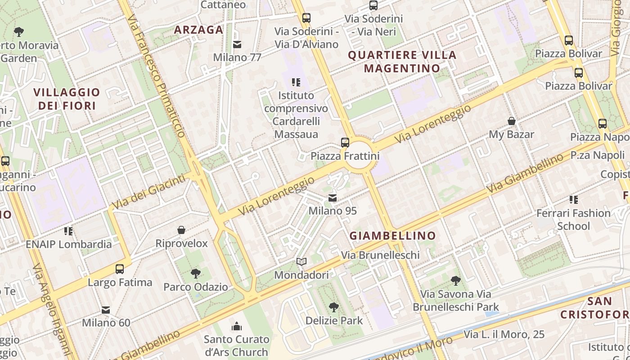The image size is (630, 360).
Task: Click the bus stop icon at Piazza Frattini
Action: pyautogui.click(x=345, y=143)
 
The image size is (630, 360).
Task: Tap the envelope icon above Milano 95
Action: pyautogui.click(x=333, y=198)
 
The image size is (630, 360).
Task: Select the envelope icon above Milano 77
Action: pyautogui.click(x=237, y=45)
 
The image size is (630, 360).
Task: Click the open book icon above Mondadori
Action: pyautogui.click(x=301, y=261)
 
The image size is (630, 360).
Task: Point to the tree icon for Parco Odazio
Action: pyautogui.click(x=196, y=273)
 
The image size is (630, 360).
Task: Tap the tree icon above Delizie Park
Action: pyautogui.click(x=333, y=307)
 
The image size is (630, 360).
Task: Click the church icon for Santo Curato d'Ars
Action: pyautogui.click(x=237, y=326)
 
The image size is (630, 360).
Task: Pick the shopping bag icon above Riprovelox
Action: pyautogui.click(x=181, y=230)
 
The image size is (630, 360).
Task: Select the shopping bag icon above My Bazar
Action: pyautogui.click(x=512, y=121)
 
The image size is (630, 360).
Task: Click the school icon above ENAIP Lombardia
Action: pyautogui.click(x=68, y=231)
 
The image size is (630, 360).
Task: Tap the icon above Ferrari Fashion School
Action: pyautogui.click(x=573, y=199)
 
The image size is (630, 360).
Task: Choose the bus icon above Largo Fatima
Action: pyautogui.click(x=120, y=269)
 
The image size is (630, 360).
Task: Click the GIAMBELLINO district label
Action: pyautogui.click(x=393, y=235)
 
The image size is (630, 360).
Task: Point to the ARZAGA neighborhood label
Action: pyautogui.click(x=198, y=30)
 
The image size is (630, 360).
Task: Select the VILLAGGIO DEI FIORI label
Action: pyautogui.click(x=67, y=99)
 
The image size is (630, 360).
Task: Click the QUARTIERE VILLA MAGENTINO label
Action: pyautogui.click(x=402, y=62)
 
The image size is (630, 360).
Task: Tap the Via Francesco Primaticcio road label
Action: pyautogui.click(x=156, y=76)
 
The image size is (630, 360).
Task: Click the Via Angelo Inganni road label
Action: pyautogui.click(x=53, y=310)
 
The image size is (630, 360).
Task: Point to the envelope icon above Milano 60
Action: pyautogui.click(x=106, y=310)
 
